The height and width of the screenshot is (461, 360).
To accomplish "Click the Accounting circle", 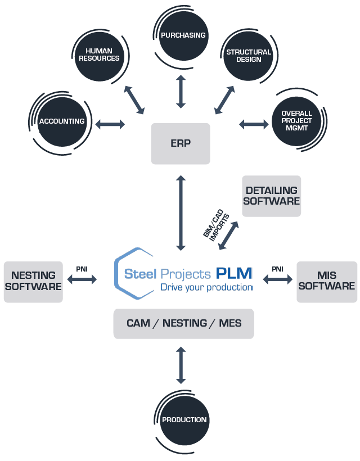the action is click(x=62, y=122).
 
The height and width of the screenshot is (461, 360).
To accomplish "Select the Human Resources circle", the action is click(x=100, y=56).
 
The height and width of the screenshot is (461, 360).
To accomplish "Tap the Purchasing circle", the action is click(x=183, y=35).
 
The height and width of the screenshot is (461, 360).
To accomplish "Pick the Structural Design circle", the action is click(x=249, y=56).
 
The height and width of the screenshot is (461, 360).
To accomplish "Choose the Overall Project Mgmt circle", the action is click(x=296, y=121).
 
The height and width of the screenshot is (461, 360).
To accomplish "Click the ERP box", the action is click(x=181, y=143).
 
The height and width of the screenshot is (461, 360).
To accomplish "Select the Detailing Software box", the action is click(x=272, y=196).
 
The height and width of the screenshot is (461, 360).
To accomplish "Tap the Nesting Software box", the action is click(x=33, y=282).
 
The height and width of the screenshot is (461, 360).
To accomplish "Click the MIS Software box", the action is click(x=327, y=282).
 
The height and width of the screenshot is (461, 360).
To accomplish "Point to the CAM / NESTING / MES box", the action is click(x=184, y=323).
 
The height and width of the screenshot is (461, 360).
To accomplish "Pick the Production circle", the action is click(x=184, y=420).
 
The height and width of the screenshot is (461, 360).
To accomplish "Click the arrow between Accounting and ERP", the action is click(x=110, y=124).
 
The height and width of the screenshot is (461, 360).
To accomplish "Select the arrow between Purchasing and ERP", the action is click(x=181, y=92).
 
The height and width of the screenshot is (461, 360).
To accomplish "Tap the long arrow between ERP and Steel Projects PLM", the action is click(x=181, y=213).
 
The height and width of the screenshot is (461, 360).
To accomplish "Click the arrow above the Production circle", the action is click(x=181, y=365).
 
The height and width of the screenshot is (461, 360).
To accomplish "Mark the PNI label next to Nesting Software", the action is click(x=82, y=269).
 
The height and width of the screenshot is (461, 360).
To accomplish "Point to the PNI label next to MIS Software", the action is click(x=277, y=269).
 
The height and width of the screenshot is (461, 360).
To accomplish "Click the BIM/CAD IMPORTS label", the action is click(x=215, y=225).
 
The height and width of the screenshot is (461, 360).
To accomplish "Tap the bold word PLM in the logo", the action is click(x=234, y=273).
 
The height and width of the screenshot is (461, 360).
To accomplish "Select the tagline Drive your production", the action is click(x=206, y=287).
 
